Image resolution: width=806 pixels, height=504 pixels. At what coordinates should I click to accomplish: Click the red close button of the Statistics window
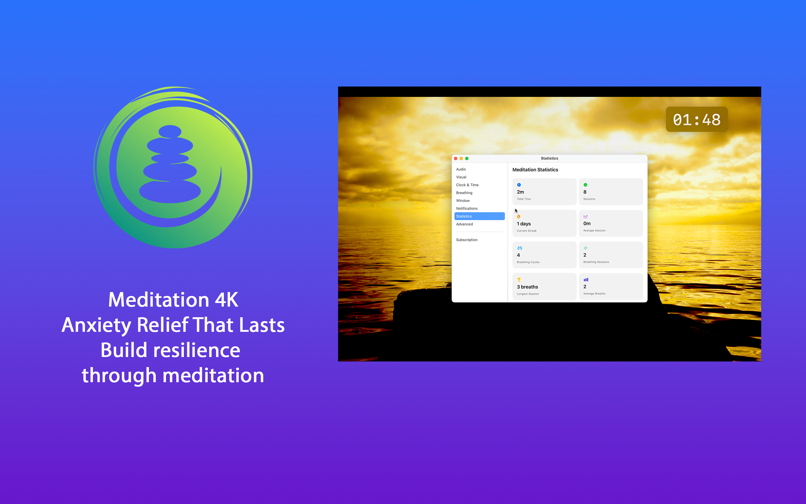pos(456,158)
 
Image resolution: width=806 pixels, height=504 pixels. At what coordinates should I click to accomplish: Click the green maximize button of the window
pos(467,158)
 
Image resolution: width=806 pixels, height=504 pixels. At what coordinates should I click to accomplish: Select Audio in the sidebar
pos(461,169)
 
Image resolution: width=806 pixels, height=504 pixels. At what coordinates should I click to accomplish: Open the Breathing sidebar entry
pos(464,193)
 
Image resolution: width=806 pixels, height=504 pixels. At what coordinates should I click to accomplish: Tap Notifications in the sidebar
pos(467,208)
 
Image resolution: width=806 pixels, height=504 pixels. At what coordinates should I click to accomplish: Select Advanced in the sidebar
pos(464,224)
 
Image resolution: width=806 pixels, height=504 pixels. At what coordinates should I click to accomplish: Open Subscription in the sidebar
pos(467,240)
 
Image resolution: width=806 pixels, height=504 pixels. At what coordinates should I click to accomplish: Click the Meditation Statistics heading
pos(535,170)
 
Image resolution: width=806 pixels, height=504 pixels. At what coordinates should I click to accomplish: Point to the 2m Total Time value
pos(520,192)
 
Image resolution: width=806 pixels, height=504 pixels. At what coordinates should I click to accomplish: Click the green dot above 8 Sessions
pos(585,185)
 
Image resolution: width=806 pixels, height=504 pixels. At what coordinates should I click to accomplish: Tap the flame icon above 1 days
pos(519,216)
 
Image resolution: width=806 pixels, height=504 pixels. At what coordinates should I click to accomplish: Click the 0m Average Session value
pos(587,224)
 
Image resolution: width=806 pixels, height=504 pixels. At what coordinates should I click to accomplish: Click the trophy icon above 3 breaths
pos(519,279)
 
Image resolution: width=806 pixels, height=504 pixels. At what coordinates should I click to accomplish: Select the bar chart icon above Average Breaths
pos(586,279)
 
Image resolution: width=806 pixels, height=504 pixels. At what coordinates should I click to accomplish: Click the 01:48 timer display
pos(696,120)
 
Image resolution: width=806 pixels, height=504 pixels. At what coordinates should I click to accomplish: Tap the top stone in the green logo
pos(170,131)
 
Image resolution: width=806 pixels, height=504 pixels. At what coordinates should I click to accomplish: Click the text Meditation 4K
pos(173,300)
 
